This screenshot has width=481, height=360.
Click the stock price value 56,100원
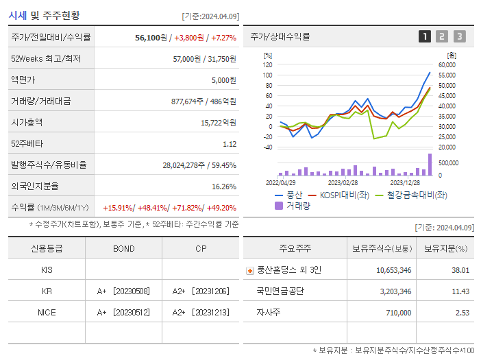point(151,38)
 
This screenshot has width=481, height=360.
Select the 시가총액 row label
point(27,123)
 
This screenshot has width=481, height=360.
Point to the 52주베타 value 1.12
point(229,144)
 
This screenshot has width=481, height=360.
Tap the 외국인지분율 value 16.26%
point(224,187)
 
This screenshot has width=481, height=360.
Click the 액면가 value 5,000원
point(223,80)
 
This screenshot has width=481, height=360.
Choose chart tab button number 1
point(425,36)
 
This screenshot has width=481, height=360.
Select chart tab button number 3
point(459,36)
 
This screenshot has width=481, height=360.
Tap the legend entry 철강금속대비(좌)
point(410,195)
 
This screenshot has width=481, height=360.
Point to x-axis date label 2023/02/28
point(343,183)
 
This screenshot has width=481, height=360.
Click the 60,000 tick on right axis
point(447,65)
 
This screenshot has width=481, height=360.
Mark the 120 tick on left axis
point(267,65)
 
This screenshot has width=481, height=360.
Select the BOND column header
point(123,248)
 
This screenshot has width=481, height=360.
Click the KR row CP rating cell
point(201,291)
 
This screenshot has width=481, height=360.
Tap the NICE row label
point(47,313)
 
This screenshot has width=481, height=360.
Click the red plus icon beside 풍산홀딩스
point(249,271)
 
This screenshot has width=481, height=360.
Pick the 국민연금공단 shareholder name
point(280,291)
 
